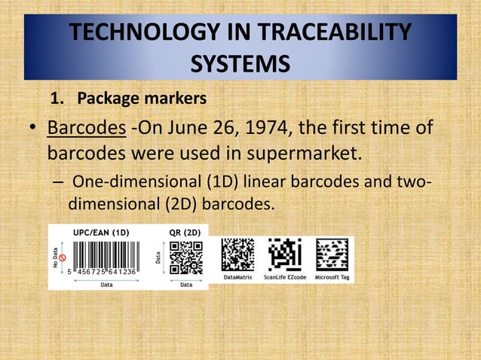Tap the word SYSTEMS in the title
[240, 63]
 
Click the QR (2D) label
[185, 233]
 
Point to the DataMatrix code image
[237, 255]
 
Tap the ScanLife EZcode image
[284, 255]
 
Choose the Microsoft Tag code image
[332, 255]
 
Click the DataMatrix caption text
[238, 277]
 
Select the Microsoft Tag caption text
[332, 277]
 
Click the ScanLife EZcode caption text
[285, 277]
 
